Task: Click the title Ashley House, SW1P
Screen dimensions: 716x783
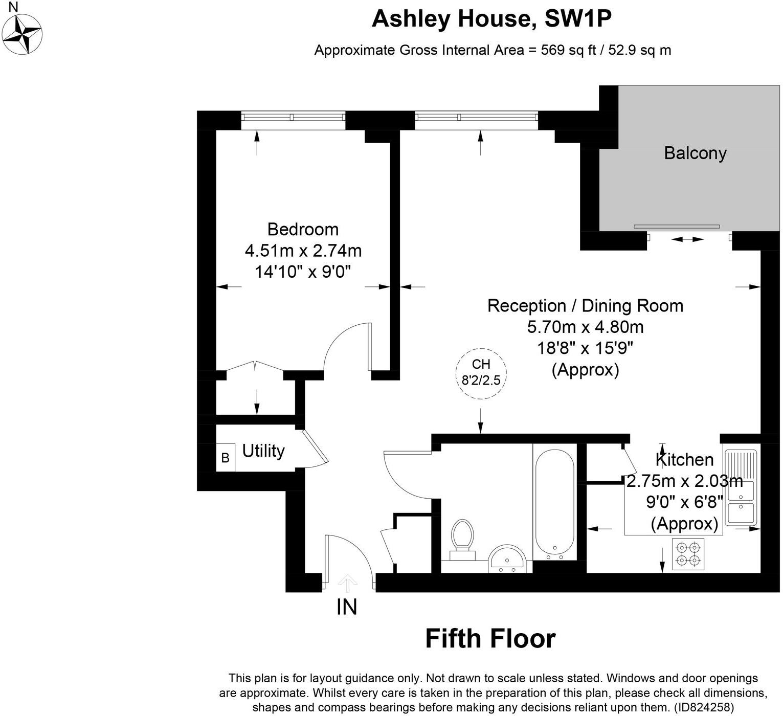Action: point(491,19)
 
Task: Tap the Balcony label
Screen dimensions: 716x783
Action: point(695,153)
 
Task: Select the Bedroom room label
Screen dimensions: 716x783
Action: point(303,229)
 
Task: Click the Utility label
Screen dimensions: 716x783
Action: point(263,451)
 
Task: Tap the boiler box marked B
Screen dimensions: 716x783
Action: point(225,458)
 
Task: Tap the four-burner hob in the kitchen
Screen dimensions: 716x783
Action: point(688,554)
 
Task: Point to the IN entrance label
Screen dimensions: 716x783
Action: point(347,607)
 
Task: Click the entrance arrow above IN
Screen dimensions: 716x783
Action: point(348,582)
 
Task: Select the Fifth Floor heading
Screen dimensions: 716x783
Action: point(490,639)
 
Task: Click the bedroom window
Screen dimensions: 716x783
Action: point(293,118)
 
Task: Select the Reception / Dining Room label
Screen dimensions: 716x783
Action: point(585,306)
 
